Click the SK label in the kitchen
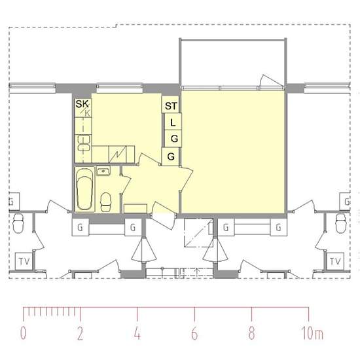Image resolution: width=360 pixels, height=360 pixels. pyautogui.click(x=82, y=104)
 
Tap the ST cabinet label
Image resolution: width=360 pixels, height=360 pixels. pyautogui.click(x=171, y=106)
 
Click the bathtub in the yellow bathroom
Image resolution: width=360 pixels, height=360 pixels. pyautogui.click(x=84, y=189)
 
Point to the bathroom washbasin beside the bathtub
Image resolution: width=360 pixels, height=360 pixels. pyautogui.click(x=103, y=171)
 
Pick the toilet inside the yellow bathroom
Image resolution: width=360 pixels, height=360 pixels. pyautogui.click(x=106, y=202)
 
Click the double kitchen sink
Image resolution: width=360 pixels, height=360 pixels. pyautogui.click(x=84, y=143)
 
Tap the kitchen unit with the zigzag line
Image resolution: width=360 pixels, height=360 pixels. pyautogui.click(x=117, y=154)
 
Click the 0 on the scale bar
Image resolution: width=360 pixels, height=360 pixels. pyautogui.click(x=23, y=333)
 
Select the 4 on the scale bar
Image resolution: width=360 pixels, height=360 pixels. pyautogui.click(x=137, y=333)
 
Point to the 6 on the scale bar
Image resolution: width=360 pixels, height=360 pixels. pyautogui.click(x=194, y=333)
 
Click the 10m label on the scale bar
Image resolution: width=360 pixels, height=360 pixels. pyautogui.click(x=312, y=333)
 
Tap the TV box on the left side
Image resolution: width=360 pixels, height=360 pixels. pyautogui.click(x=24, y=261)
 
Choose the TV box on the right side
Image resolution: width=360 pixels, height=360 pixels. pyautogui.click(x=335, y=261)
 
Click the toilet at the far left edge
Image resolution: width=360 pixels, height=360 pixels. pyautogui.click(x=18, y=223)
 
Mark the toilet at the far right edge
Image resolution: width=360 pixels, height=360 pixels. pyautogui.click(x=341, y=223)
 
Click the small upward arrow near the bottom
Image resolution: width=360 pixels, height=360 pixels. pyautogui.click(x=197, y=272)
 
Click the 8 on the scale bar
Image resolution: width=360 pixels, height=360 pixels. pyautogui.click(x=251, y=333)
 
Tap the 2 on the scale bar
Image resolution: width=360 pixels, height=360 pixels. pyautogui.click(x=80, y=333)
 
